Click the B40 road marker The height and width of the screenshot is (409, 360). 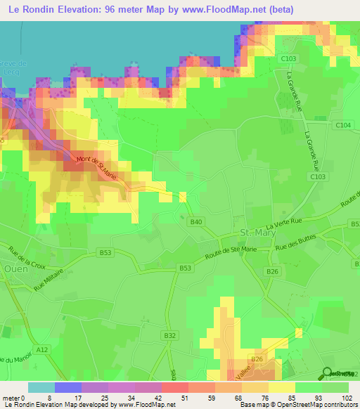pyautogui.click(x=197, y=223)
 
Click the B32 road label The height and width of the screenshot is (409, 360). pyautogui.click(x=169, y=337)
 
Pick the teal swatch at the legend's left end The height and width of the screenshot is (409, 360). pyautogui.click(x=41, y=387)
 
